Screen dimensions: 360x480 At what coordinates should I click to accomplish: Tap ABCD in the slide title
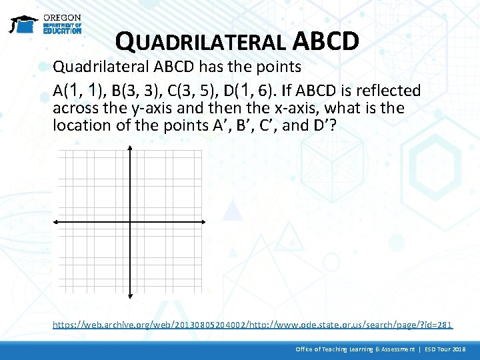pyautogui.click(x=326, y=41)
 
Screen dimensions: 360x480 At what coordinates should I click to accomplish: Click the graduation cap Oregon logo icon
pyautogui.click(x=23, y=24)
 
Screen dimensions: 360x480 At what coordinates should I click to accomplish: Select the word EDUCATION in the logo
pyautogui.click(x=62, y=30)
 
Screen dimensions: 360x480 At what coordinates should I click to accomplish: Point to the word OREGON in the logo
pyautogui.click(x=62, y=17)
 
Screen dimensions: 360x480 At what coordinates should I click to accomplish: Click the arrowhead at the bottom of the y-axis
pyautogui.click(x=130, y=293)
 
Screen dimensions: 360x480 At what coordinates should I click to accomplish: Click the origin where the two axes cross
pyautogui.click(x=130, y=222)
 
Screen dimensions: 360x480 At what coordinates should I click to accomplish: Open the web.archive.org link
pyautogui.click(x=253, y=325)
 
